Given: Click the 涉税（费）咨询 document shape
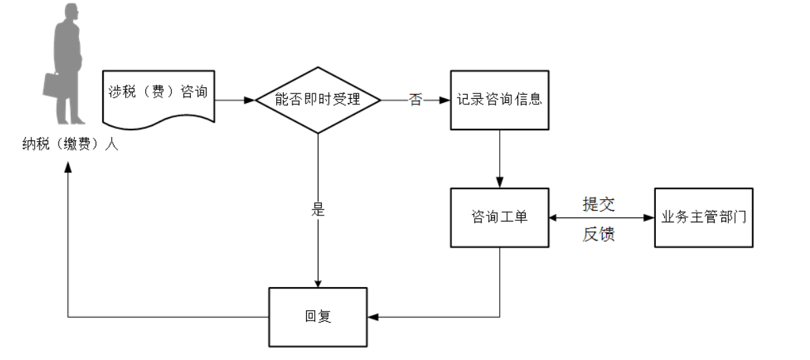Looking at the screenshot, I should point(158,94).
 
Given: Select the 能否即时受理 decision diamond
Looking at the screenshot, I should point(317,100).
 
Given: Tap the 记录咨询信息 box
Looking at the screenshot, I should point(499,100).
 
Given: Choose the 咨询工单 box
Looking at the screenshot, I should point(499,217).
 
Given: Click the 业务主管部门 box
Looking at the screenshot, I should point(704,217).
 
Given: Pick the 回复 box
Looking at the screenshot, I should point(318,317).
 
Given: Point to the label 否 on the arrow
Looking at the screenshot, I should point(415,100).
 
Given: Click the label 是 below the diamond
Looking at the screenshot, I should point(318,209).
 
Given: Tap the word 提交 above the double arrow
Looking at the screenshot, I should point(599,205).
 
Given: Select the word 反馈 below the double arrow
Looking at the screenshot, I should point(599,235).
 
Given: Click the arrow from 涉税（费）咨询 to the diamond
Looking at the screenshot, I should point(235,100).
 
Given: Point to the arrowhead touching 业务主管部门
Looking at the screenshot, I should point(648,217).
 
